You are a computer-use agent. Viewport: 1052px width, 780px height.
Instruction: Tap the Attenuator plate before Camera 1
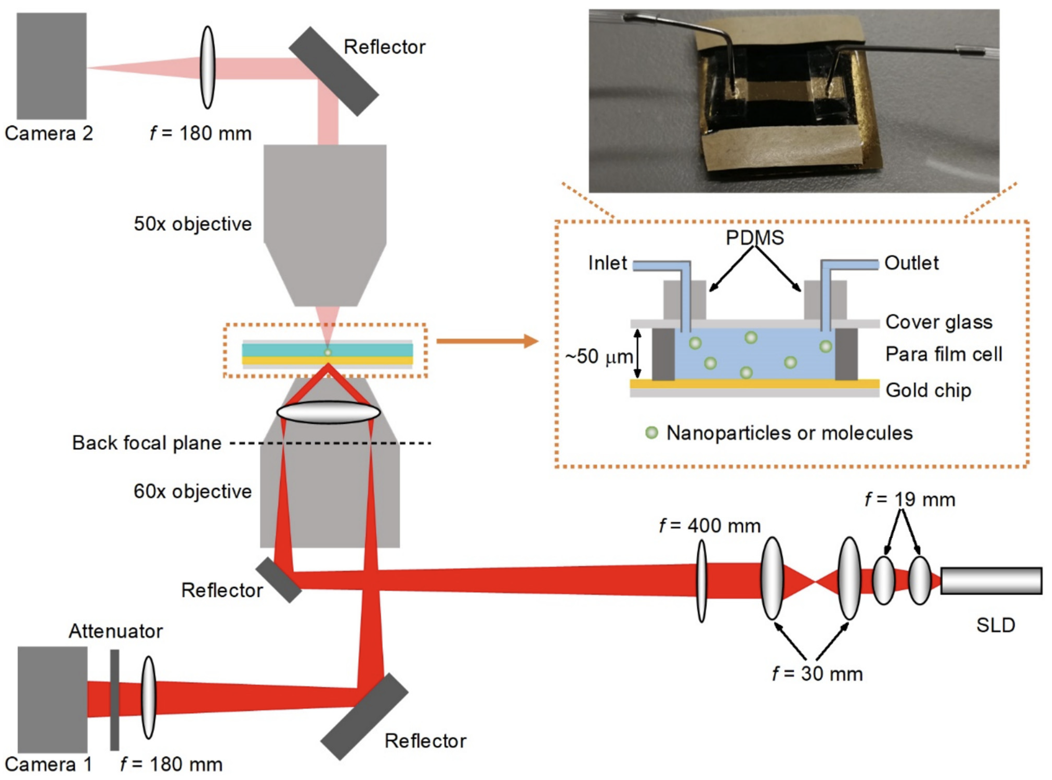(114, 700)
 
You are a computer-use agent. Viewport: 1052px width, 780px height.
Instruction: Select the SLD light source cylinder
(991, 581)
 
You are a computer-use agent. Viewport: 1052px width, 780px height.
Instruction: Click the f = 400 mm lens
(702, 581)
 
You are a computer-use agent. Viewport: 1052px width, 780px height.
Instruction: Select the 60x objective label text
(193, 491)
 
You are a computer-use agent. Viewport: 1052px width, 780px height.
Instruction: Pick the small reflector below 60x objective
(279, 580)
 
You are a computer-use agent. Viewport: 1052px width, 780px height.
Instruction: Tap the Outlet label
(911, 263)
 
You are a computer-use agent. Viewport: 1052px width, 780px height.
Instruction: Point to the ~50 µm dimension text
(599, 357)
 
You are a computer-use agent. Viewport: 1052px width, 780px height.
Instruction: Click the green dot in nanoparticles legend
(652, 432)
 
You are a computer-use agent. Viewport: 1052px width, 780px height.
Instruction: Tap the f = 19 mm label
(910, 500)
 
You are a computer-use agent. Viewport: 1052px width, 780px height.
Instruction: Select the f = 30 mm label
(817, 673)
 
